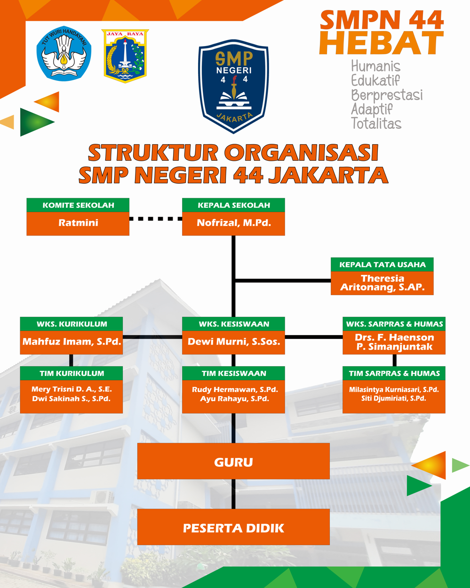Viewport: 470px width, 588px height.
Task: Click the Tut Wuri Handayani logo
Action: pos(64,54)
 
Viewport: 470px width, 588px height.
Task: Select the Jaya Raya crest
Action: pos(125,55)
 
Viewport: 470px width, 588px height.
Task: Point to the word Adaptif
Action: pos(372,110)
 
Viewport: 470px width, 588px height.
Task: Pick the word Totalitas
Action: pos(376,124)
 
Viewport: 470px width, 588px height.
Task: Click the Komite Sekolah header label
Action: pos(78,205)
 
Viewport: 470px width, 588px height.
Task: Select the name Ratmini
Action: pos(78,223)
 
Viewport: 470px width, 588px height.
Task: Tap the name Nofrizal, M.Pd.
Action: pos(234,223)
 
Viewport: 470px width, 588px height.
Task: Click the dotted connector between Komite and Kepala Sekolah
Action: pos(156,219)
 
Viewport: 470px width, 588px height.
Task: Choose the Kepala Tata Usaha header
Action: pos(382,265)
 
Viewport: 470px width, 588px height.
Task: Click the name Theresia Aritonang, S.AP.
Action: pos(382,283)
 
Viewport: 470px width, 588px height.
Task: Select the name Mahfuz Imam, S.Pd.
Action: pos(72,342)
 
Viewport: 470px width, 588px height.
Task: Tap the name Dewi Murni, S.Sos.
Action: pos(234,342)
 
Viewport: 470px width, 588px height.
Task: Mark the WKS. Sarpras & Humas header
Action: pos(394,324)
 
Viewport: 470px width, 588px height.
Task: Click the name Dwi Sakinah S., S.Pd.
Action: pos(72,399)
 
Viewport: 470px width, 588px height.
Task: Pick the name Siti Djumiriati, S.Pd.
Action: pos(394,398)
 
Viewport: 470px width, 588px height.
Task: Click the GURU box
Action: pos(233,462)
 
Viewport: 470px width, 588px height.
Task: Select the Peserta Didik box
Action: pos(233,527)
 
